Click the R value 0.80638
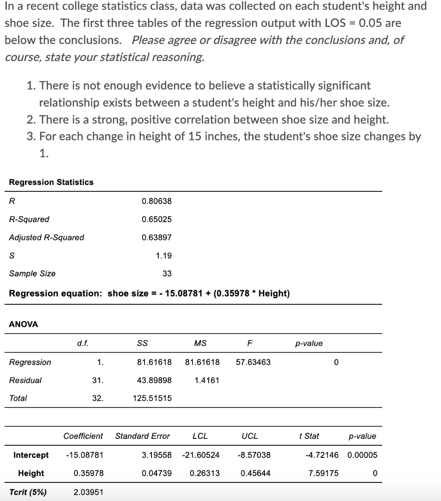(156, 201)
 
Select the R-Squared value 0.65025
(156, 219)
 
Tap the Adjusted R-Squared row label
(47, 237)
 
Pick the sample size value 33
(167, 273)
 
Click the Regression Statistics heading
(51, 182)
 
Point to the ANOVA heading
(24, 324)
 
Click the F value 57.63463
(253, 362)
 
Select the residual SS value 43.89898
(154, 380)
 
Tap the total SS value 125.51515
(152, 398)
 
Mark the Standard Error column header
(143, 436)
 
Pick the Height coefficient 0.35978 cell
(88, 473)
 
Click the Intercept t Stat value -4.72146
(321, 455)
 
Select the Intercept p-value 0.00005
(363, 455)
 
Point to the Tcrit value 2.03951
(88, 492)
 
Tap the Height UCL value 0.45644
(255, 473)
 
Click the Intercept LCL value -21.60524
(200, 455)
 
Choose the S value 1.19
(164, 255)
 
